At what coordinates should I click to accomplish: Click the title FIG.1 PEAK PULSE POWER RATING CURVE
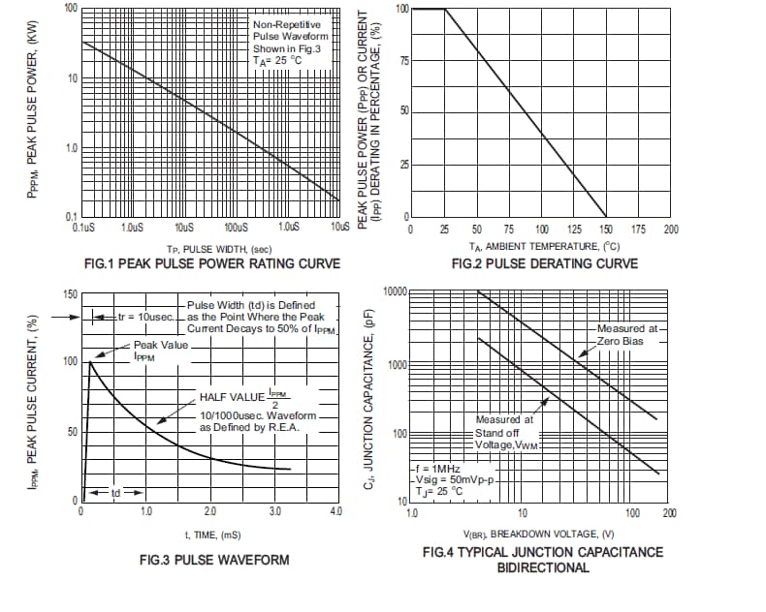pyautogui.click(x=212, y=263)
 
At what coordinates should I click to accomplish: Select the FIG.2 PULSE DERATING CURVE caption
pyautogui.click(x=545, y=263)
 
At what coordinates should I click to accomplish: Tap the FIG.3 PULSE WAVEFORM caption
pyautogui.click(x=213, y=560)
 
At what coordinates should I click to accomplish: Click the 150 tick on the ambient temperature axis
pyautogui.click(x=605, y=229)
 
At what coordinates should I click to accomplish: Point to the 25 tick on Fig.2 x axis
pyautogui.click(x=444, y=229)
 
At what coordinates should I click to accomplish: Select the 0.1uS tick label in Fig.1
pyautogui.click(x=83, y=228)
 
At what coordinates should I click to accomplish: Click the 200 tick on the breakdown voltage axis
pyautogui.click(x=669, y=512)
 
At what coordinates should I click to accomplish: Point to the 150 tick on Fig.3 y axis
pyautogui.click(x=70, y=294)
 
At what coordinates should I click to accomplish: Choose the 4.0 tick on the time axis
pyautogui.click(x=335, y=510)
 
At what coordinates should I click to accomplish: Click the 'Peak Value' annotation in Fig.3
pyautogui.click(x=160, y=344)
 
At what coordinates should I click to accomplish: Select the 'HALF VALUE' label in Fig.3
pyautogui.click(x=231, y=397)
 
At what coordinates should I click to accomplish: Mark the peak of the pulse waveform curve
pyautogui.click(x=91, y=361)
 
